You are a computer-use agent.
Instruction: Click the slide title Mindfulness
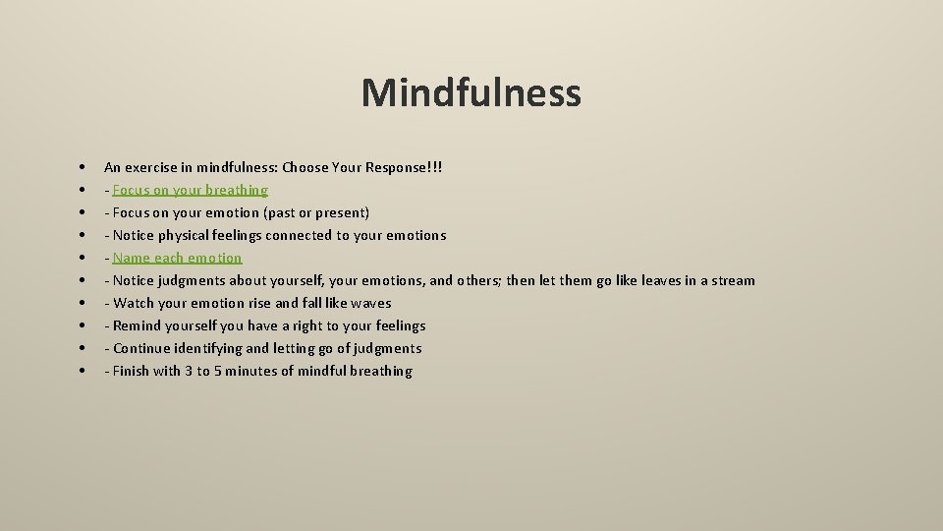471,93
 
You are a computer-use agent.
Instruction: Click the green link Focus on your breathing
190,190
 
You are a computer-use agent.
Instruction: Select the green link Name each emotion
177,258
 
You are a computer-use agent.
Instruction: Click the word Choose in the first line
305,167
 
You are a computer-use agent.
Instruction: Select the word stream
733,280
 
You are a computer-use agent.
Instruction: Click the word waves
371,303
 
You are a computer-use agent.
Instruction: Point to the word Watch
134,303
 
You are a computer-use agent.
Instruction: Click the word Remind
139,325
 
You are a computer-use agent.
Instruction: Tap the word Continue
143,348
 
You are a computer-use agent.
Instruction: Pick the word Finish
132,371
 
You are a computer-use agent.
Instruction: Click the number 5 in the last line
218,371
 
